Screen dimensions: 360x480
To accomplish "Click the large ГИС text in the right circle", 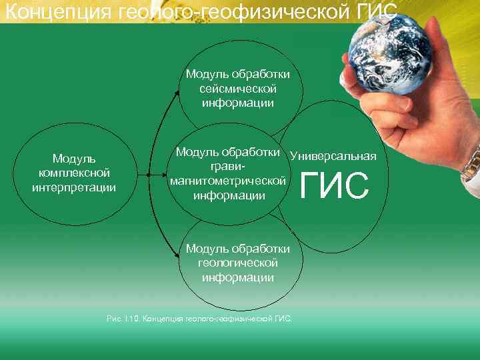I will tap(335, 186).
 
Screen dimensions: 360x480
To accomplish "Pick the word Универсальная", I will tap(333, 156).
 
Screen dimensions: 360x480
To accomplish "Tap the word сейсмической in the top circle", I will tap(238, 88).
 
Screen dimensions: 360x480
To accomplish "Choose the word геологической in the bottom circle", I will tap(238, 263).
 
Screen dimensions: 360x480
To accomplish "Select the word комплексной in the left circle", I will tap(74, 173).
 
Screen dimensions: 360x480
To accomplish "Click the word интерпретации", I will tap(74, 187).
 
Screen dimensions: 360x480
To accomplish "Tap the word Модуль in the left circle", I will tap(74, 159).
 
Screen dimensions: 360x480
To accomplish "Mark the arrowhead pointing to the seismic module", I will tap(177, 91).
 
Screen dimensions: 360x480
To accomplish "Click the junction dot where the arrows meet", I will tap(148, 175).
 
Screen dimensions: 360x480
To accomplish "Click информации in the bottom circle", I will tap(238, 277).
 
